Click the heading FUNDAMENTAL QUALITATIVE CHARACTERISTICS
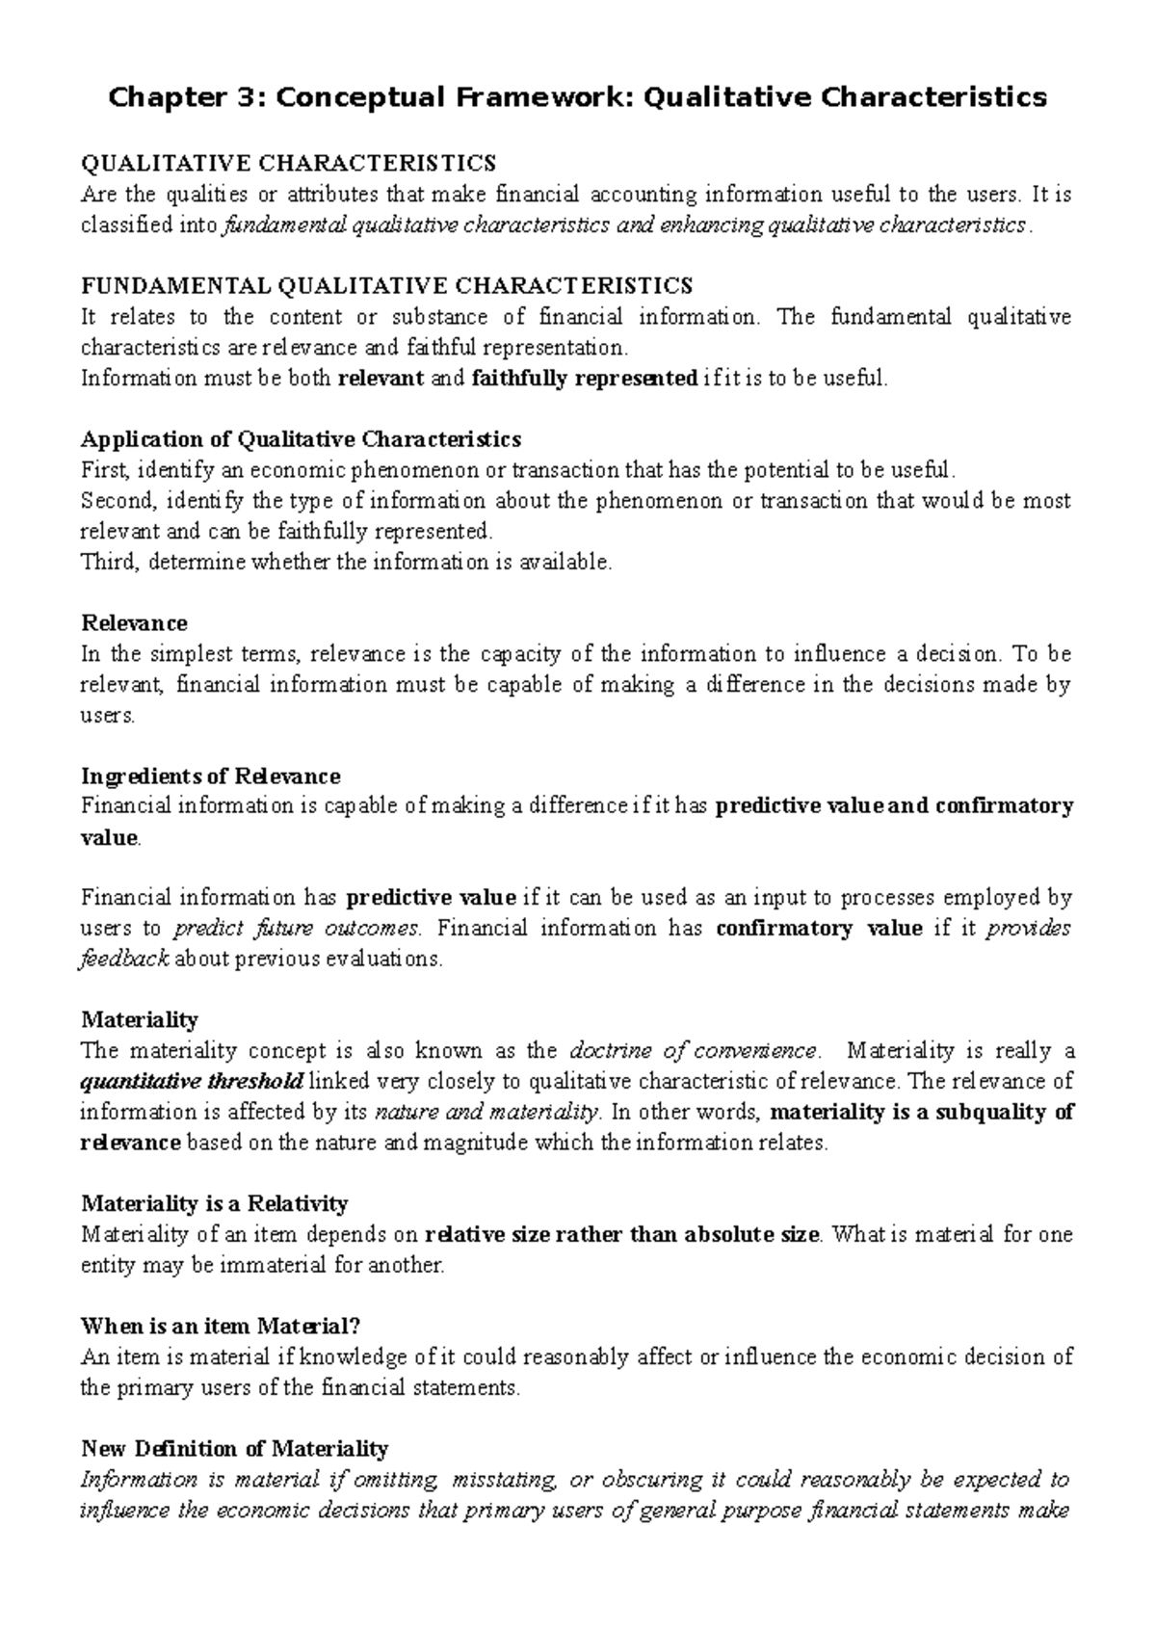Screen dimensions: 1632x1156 click(386, 286)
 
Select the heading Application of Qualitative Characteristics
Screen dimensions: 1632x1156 click(301, 440)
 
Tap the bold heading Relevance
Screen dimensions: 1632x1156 click(134, 623)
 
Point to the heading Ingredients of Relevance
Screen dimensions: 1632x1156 click(211, 777)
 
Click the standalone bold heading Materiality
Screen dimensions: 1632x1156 click(140, 1019)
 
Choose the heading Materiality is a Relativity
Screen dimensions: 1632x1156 click(215, 1203)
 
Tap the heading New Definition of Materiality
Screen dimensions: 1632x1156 click(234, 1449)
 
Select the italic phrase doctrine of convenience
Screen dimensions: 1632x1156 click(694, 1050)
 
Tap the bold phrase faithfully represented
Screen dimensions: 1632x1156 click(585, 379)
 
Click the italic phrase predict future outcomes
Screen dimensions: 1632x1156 click(296, 929)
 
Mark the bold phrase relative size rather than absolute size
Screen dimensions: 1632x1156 click(622, 1234)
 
